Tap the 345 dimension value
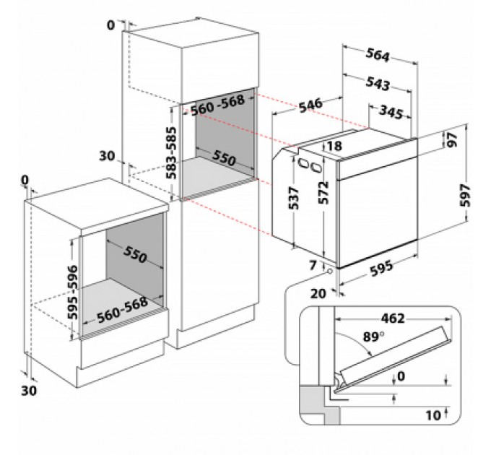[390, 112]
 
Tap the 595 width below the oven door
[382, 268]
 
